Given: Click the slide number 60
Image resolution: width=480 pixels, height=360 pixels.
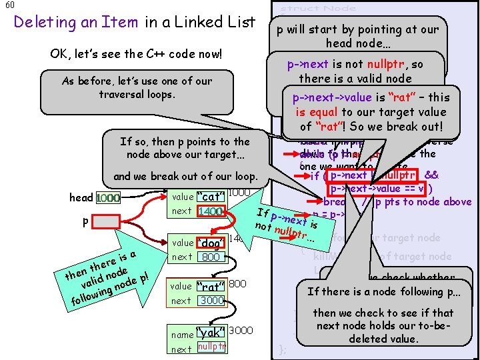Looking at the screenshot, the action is pos(7,5).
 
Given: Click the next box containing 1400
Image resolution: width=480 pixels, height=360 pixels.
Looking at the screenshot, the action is pos(209,211).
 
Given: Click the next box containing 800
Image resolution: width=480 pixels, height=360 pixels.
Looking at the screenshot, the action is pos(211,257).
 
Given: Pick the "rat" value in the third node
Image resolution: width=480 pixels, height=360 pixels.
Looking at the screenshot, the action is pos(209,287).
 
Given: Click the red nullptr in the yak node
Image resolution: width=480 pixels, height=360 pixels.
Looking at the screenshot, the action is pos(213,347).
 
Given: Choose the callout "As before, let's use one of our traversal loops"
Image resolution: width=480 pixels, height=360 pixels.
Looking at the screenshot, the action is pos(136,87).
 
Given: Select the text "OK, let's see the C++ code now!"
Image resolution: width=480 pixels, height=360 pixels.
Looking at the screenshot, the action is pos(135,53).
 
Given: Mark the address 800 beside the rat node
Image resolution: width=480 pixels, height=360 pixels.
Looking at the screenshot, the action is pos(238,284).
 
